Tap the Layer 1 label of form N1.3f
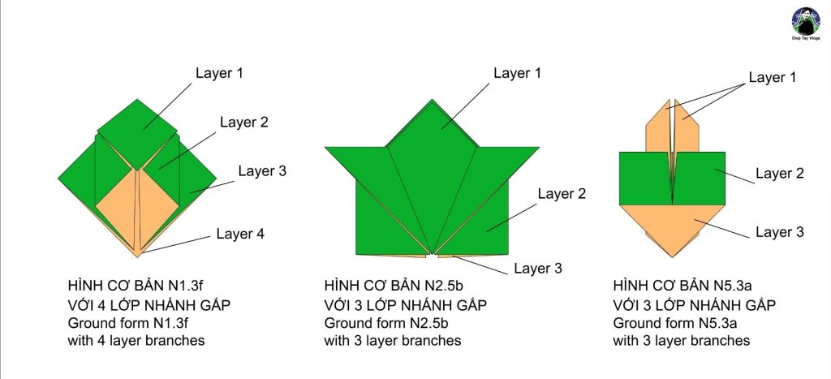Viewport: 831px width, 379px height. click(x=219, y=73)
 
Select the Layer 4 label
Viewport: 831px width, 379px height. click(x=240, y=235)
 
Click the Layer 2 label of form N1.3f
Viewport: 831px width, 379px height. click(x=243, y=123)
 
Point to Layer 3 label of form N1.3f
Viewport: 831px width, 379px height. click(x=262, y=171)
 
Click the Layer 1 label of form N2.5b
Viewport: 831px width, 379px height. click(x=518, y=73)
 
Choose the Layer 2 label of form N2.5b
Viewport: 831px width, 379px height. click(x=562, y=194)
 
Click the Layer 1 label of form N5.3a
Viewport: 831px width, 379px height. click(x=773, y=78)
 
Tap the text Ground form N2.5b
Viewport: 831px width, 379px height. click(x=385, y=323)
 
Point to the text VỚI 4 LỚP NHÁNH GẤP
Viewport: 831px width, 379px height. click(x=138, y=305)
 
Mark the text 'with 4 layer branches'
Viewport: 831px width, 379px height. click(x=136, y=341)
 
